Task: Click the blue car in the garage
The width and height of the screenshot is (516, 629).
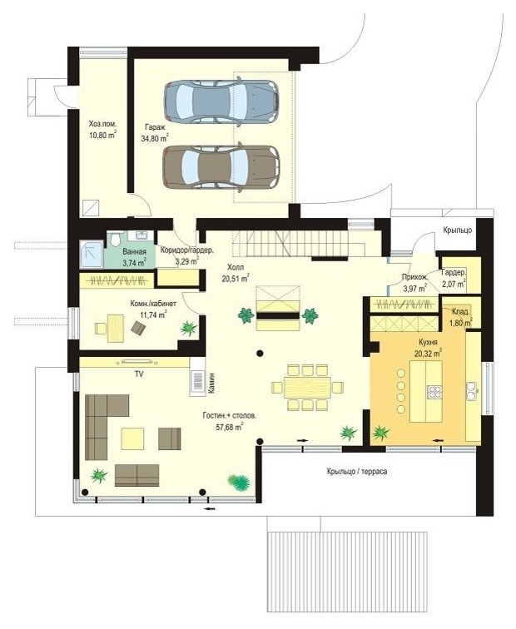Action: click(221, 102)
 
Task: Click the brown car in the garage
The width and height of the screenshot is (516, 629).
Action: click(221, 166)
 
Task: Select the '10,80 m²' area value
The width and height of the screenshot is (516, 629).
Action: click(102, 135)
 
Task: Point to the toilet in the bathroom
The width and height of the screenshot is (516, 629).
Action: click(115, 239)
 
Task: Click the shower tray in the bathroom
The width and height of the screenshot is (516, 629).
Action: click(92, 255)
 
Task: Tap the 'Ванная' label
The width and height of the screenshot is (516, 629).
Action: click(134, 252)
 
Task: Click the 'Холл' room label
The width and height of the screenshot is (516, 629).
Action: click(236, 267)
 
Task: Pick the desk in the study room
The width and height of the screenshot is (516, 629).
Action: click(116, 329)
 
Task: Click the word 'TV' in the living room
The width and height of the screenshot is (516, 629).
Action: click(139, 374)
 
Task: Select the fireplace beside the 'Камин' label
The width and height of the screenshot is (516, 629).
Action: click(197, 382)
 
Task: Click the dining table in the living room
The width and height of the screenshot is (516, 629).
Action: click(307, 388)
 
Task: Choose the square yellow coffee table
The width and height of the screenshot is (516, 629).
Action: click(133, 438)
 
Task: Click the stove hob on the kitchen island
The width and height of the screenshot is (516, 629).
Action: click(434, 392)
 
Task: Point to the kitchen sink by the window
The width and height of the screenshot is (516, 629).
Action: click(471, 391)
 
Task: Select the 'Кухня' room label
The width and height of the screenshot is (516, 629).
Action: click(428, 343)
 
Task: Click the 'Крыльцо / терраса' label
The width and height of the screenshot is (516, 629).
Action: click(357, 472)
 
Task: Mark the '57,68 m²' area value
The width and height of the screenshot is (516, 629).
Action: click(230, 427)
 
